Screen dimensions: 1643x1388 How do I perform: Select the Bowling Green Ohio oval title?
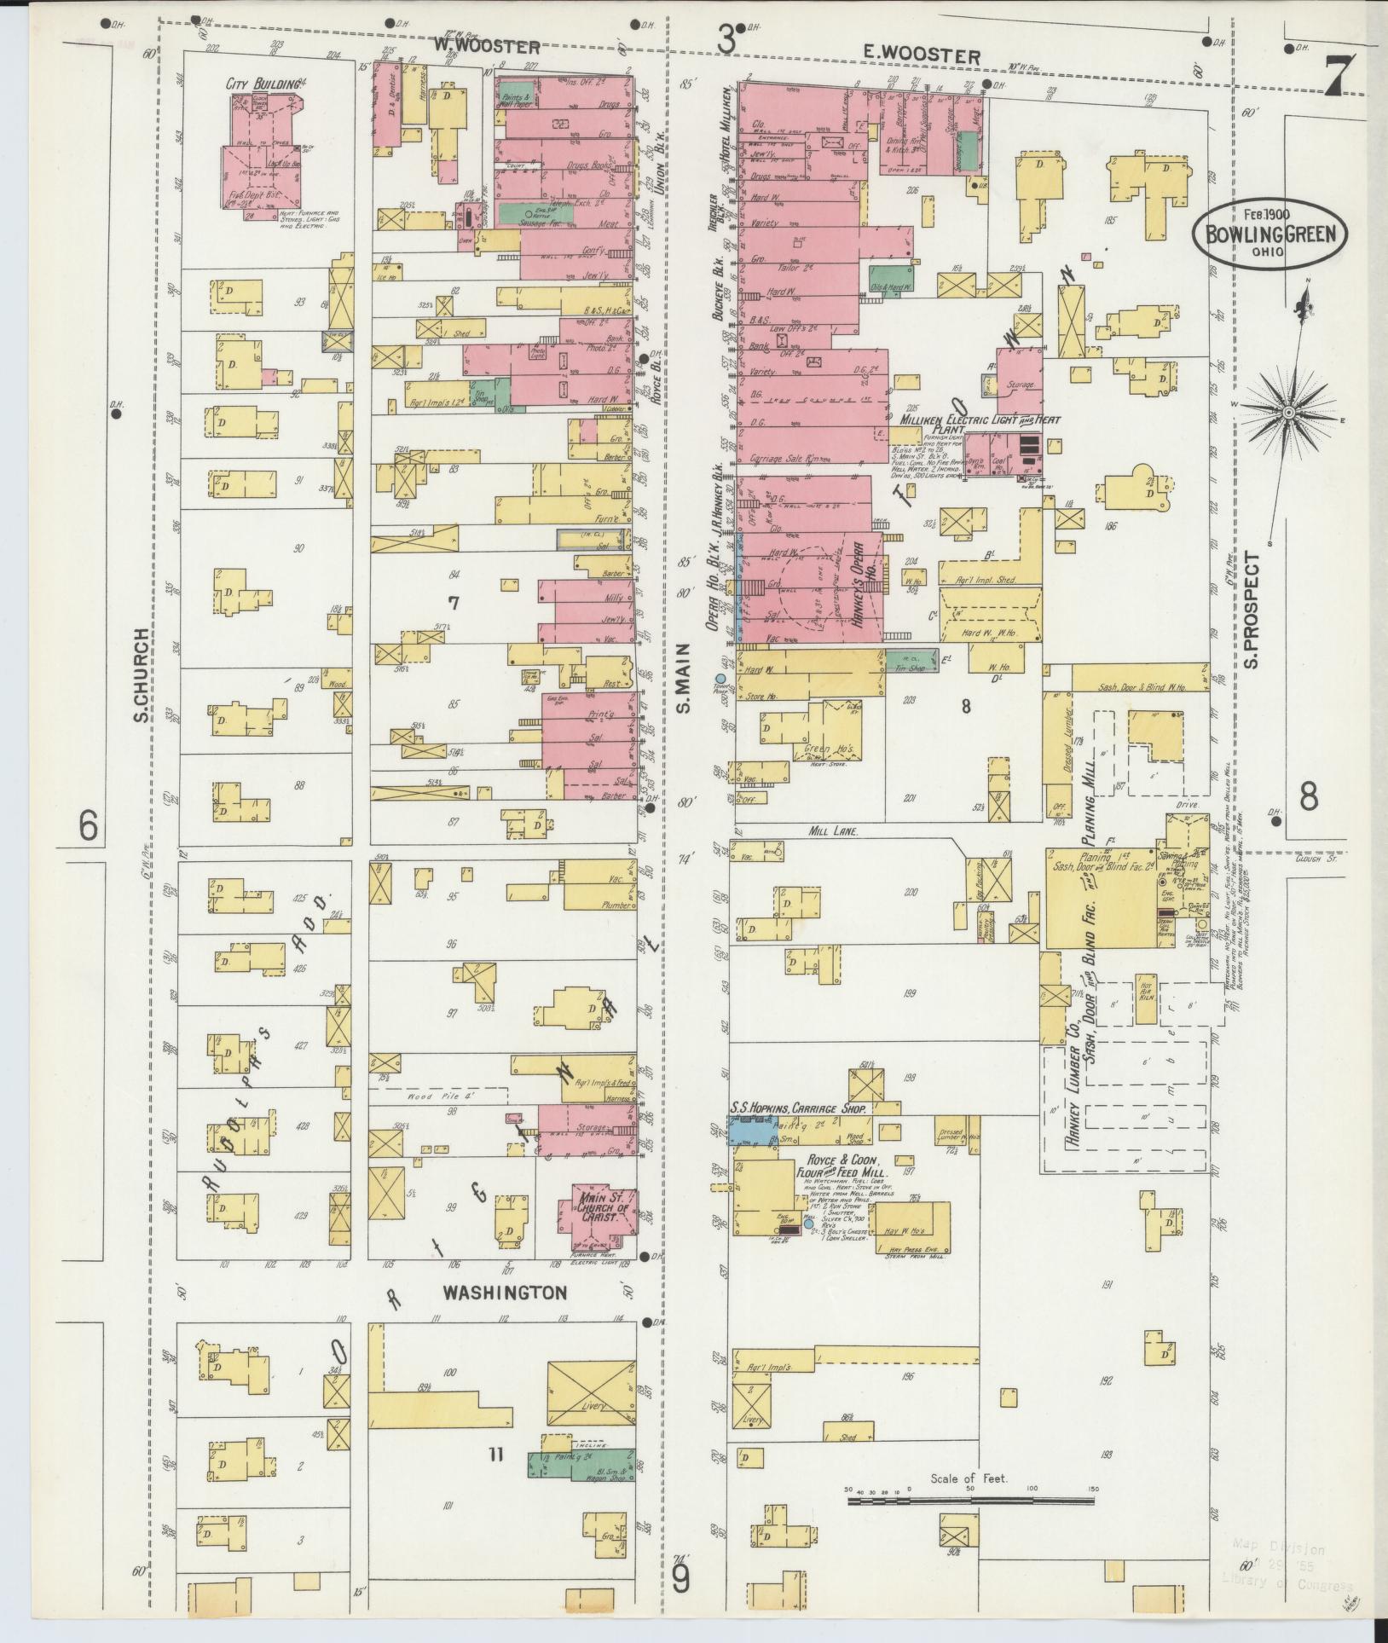1269,231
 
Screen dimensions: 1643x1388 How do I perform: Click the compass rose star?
1289,413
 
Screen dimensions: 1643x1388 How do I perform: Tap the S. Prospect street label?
1252,610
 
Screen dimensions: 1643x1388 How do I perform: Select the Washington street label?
504,1316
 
